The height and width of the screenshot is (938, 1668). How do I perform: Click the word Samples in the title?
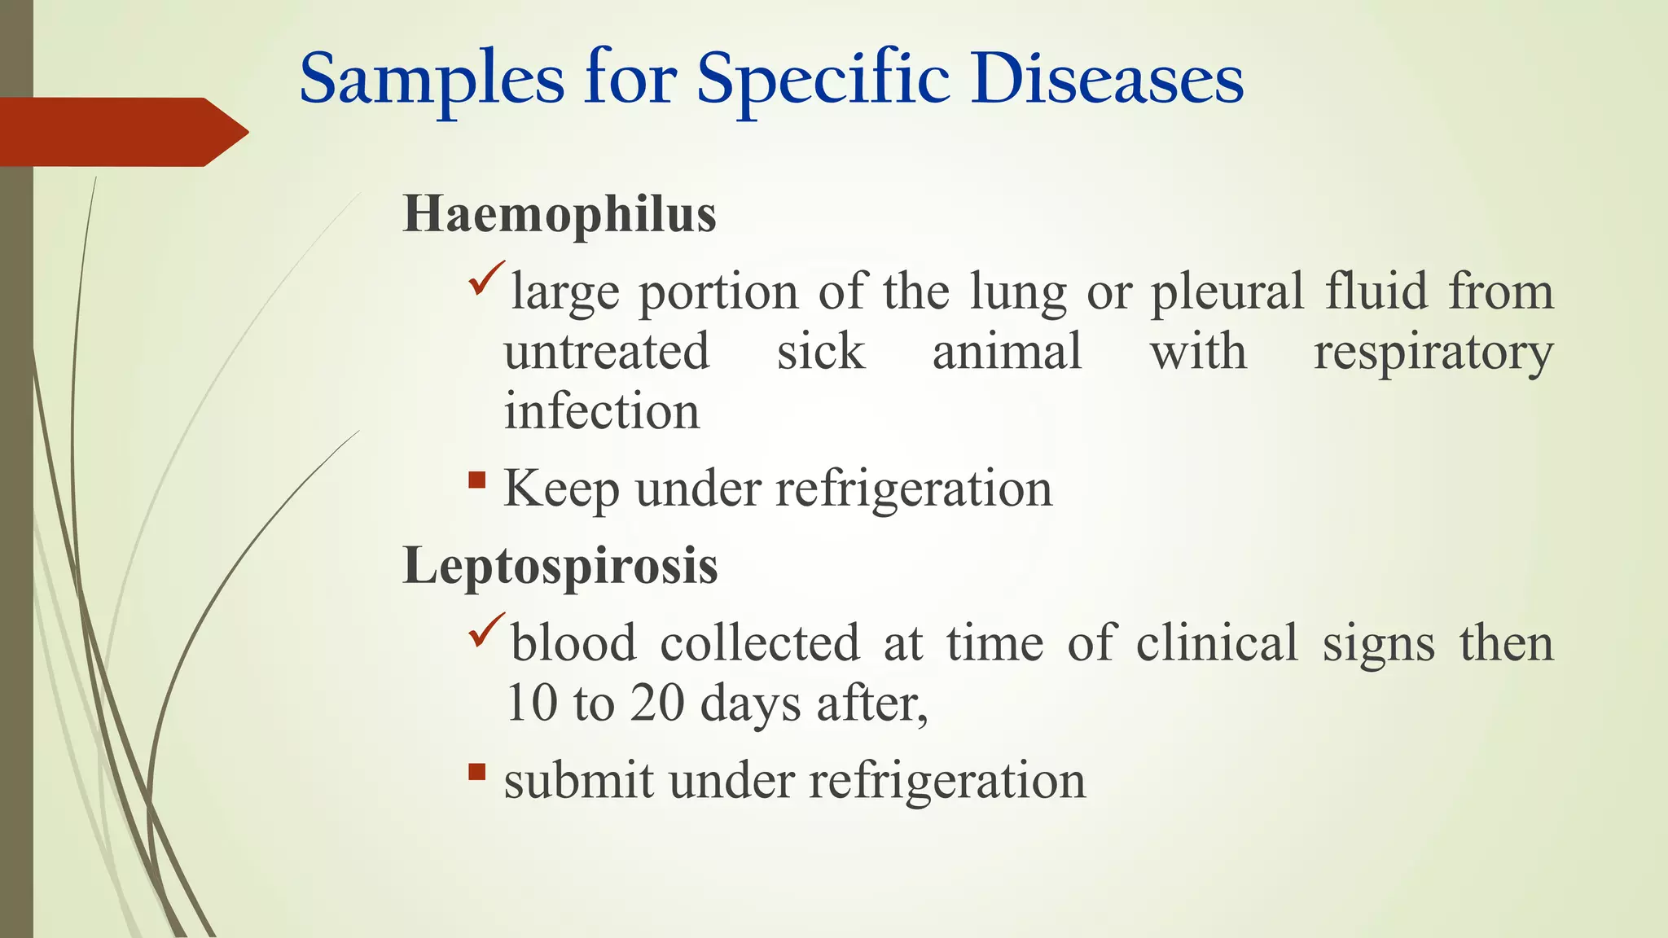[432, 80]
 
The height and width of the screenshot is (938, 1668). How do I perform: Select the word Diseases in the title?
[1107, 80]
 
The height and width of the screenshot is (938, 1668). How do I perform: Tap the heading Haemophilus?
[560, 215]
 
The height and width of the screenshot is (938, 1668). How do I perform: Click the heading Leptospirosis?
[560, 565]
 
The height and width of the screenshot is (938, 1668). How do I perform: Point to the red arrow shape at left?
[122, 132]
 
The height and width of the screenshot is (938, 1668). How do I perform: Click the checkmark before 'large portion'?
[487, 278]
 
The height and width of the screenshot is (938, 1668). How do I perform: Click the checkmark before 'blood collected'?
[487, 630]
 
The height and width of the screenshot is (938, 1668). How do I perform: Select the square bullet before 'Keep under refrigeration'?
[477, 480]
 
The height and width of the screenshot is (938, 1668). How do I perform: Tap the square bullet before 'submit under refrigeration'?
[477, 771]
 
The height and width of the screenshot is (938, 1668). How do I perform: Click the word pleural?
[1227, 293]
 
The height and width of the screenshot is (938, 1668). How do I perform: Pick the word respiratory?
[1433, 353]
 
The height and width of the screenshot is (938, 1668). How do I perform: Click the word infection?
[601, 411]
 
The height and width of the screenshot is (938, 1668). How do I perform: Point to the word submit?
[578, 780]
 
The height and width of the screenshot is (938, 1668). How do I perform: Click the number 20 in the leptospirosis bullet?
[656, 703]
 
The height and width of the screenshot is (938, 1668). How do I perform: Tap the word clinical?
[1217, 643]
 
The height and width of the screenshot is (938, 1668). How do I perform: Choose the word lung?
[1018, 293]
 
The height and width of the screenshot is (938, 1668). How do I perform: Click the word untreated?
[606, 352]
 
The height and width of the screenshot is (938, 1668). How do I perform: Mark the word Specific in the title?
[823, 80]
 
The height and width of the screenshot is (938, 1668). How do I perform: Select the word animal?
[1007, 352]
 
